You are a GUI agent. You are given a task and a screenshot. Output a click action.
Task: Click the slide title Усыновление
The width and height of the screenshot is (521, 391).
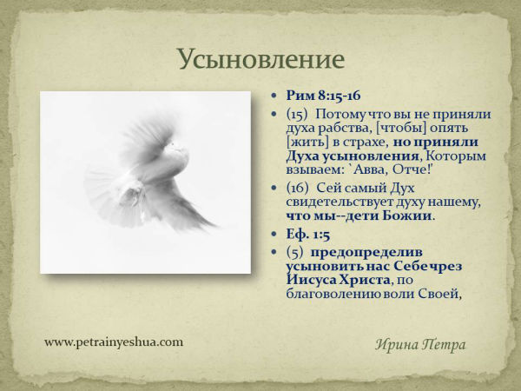click(x=261, y=59)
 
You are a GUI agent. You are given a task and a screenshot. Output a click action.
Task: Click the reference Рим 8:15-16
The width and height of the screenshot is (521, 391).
click(x=323, y=96)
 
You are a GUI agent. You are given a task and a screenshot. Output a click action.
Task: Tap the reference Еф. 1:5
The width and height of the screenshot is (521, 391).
click(x=308, y=235)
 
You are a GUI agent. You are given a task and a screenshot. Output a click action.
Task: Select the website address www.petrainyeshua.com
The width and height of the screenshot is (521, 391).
click(x=114, y=341)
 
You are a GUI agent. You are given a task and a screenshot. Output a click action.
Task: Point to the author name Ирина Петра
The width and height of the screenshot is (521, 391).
click(x=420, y=344)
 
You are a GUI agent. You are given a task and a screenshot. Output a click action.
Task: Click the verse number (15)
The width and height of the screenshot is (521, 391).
click(x=297, y=115)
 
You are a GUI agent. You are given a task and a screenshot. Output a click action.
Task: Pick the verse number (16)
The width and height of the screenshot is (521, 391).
click(x=297, y=189)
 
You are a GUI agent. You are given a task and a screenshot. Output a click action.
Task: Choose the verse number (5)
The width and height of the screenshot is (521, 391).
click(x=294, y=252)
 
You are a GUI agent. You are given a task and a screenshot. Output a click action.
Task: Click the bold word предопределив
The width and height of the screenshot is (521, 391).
click(x=366, y=253)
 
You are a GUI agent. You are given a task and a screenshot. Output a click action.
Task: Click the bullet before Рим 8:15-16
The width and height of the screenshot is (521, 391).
click(x=274, y=96)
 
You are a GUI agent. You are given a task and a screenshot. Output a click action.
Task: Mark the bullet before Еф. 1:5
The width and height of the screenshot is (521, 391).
click(x=274, y=234)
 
